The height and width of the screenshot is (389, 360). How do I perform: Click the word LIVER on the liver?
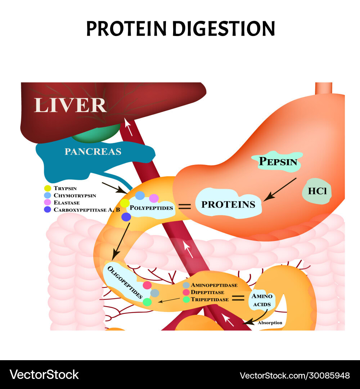[x=70, y=105]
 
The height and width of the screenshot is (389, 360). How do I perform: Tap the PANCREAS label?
[x=93, y=152]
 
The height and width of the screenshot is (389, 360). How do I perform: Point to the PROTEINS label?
[x=228, y=205]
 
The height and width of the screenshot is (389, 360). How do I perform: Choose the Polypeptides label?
[x=151, y=208]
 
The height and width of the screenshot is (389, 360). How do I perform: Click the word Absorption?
[x=270, y=323]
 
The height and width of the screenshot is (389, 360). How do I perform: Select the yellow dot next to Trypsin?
[x=47, y=188]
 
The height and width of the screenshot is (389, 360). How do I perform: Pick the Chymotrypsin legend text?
[x=75, y=195]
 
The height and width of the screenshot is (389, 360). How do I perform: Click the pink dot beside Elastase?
[x=47, y=202]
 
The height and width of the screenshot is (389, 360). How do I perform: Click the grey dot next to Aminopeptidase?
[x=186, y=285]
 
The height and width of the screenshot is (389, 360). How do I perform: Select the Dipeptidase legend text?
[x=207, y=292]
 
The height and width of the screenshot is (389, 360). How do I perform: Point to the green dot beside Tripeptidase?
[x=186, y=299]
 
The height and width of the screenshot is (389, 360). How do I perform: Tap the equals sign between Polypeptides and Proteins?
[x=185, y=207]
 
